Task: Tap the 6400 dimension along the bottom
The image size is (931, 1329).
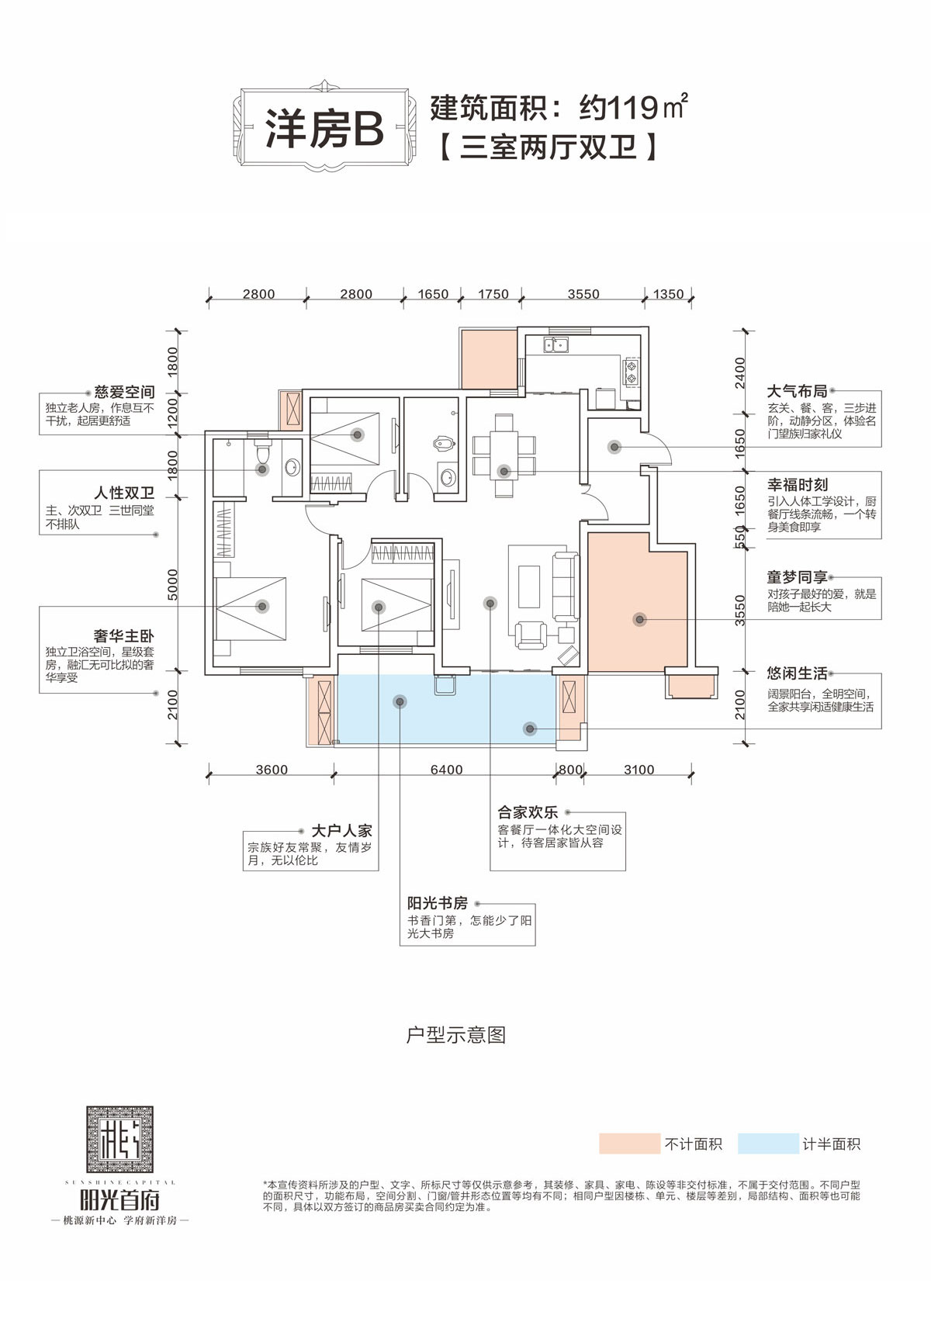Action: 446,770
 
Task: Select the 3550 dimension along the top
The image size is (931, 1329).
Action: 583,294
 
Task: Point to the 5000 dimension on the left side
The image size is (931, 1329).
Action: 173,584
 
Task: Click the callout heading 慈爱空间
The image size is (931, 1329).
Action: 124,393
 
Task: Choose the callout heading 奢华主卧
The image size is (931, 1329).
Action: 124,636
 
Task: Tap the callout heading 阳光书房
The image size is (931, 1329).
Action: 438,903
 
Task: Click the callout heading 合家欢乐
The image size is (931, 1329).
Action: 528,812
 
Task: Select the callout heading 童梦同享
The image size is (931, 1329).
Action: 797,577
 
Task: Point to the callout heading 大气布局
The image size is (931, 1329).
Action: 797,392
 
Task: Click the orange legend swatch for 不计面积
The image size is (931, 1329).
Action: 628,1144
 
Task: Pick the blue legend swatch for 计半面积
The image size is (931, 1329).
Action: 767,1144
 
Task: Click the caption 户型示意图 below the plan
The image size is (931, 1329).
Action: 456,1035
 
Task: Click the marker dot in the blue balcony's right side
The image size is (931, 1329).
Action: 530,729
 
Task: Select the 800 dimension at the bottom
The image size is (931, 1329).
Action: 570,770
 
